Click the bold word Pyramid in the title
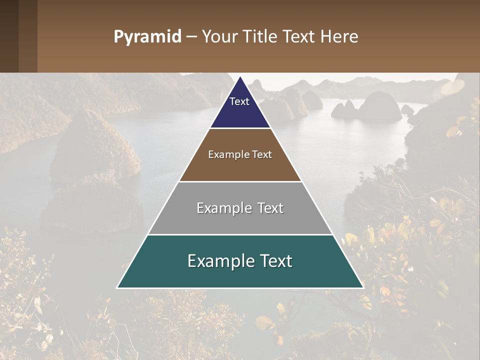(147, 37)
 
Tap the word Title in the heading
(260, 36)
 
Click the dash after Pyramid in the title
(191, 37)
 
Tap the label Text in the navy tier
(239, 101)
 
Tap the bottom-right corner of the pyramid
(362, 287)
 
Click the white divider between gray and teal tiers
(240, 234)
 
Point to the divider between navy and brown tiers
(240, 128)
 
